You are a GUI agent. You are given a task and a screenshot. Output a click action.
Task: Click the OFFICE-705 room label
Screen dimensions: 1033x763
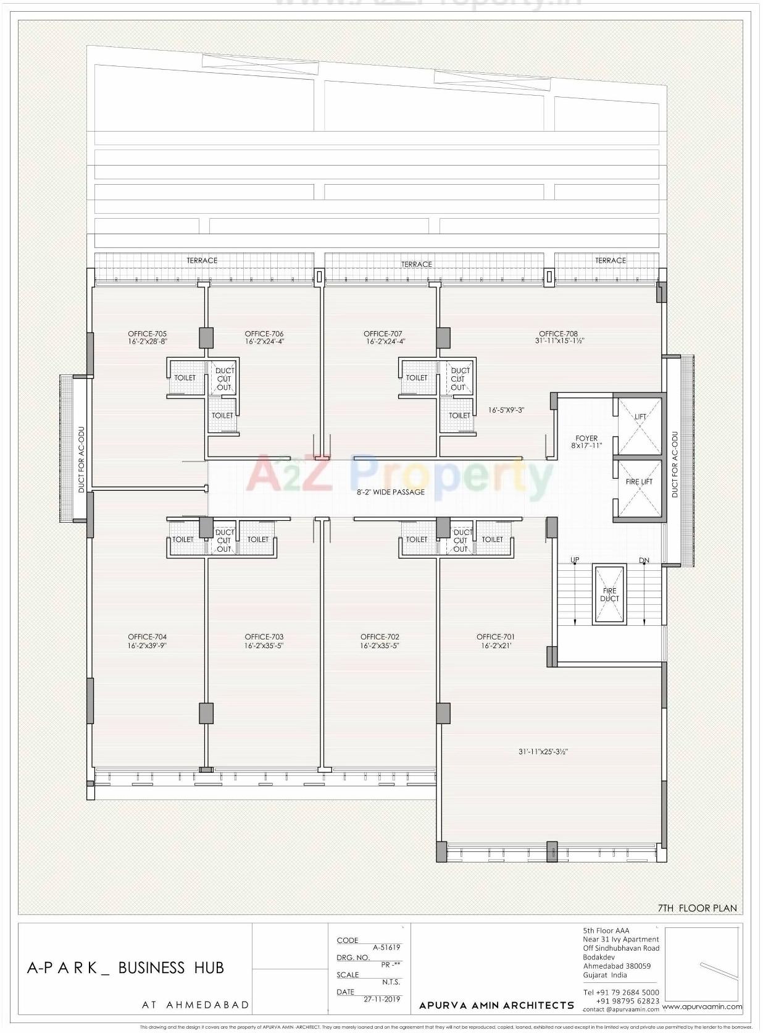(148, 334)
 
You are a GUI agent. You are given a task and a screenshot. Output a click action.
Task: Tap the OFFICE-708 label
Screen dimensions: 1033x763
(558, 334)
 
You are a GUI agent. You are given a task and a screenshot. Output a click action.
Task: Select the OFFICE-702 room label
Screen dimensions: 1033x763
(380, 637)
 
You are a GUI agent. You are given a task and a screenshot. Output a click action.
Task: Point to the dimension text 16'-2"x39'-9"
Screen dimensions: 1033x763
(148, 646)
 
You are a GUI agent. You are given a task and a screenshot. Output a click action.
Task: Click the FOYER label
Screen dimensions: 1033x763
(586, 438)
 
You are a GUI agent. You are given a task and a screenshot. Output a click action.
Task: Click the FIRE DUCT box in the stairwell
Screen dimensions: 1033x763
(609, 594)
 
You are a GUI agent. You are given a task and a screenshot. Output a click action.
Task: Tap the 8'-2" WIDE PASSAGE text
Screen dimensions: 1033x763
(391, 492)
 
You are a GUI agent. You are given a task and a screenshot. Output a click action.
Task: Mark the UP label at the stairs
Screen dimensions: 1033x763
(575, 560)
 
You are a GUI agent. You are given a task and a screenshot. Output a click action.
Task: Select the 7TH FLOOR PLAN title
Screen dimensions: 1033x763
(697, 908)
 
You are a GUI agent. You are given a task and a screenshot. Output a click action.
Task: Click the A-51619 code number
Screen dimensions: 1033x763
(386, 947)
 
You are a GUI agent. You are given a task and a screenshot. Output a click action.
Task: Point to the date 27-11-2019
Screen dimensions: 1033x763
(381, 999)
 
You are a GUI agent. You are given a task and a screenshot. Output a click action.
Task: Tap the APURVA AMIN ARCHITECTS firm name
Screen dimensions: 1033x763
(496, 1006)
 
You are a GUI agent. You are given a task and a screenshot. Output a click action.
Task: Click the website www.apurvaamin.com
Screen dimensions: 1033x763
(702, 1006)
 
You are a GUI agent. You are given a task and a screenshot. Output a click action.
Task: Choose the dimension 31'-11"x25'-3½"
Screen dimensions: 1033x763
(543, 752)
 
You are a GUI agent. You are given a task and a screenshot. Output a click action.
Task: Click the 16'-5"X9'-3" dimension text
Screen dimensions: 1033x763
(506, 410)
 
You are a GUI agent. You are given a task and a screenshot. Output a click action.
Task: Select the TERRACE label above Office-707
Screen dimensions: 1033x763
(417, 264)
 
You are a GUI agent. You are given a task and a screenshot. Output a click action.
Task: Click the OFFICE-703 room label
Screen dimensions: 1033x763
(264, 637)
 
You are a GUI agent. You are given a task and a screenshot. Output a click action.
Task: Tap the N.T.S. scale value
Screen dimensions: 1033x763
(391, 982)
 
